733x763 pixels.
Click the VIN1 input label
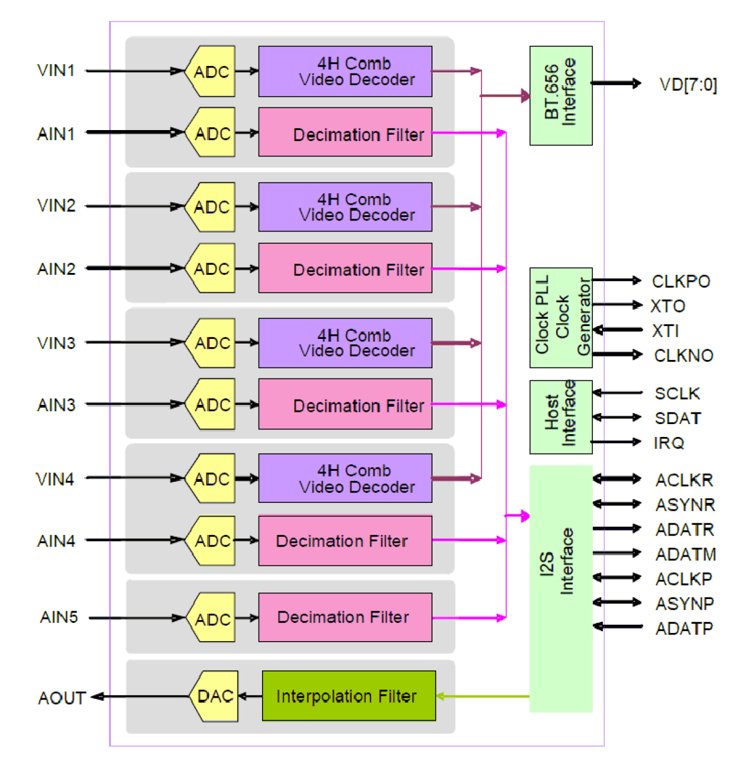pyautogui.click(x=56, y=71)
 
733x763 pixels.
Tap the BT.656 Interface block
pyautogui.click(x=560, y=96)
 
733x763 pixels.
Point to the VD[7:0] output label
pyautogui.click(x=687, y=85)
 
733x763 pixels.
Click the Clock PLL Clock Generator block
pyautogui.click(x=560, y=318)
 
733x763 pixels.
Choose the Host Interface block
pyautogui.click(x=560, y=417)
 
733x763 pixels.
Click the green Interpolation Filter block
pyautogui.click(x=348, y=696)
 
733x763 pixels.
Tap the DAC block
pyautogui.click(x=215, y=696)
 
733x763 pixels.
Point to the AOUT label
pyautogui.click(x=62, y=698)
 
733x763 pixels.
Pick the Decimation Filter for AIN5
pyautogui.click(x=345, y=617)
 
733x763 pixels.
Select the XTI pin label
pyautogui.click(x=665, y=331)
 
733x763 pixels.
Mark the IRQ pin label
pyautogui.click(x=669, y=443)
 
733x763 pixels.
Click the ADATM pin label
pyautogui.click(x=685, y=554)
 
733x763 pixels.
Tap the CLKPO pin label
pyautogui.click(x=680, y=281)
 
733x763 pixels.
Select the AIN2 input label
pyautogui.click(x=56, y=269)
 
